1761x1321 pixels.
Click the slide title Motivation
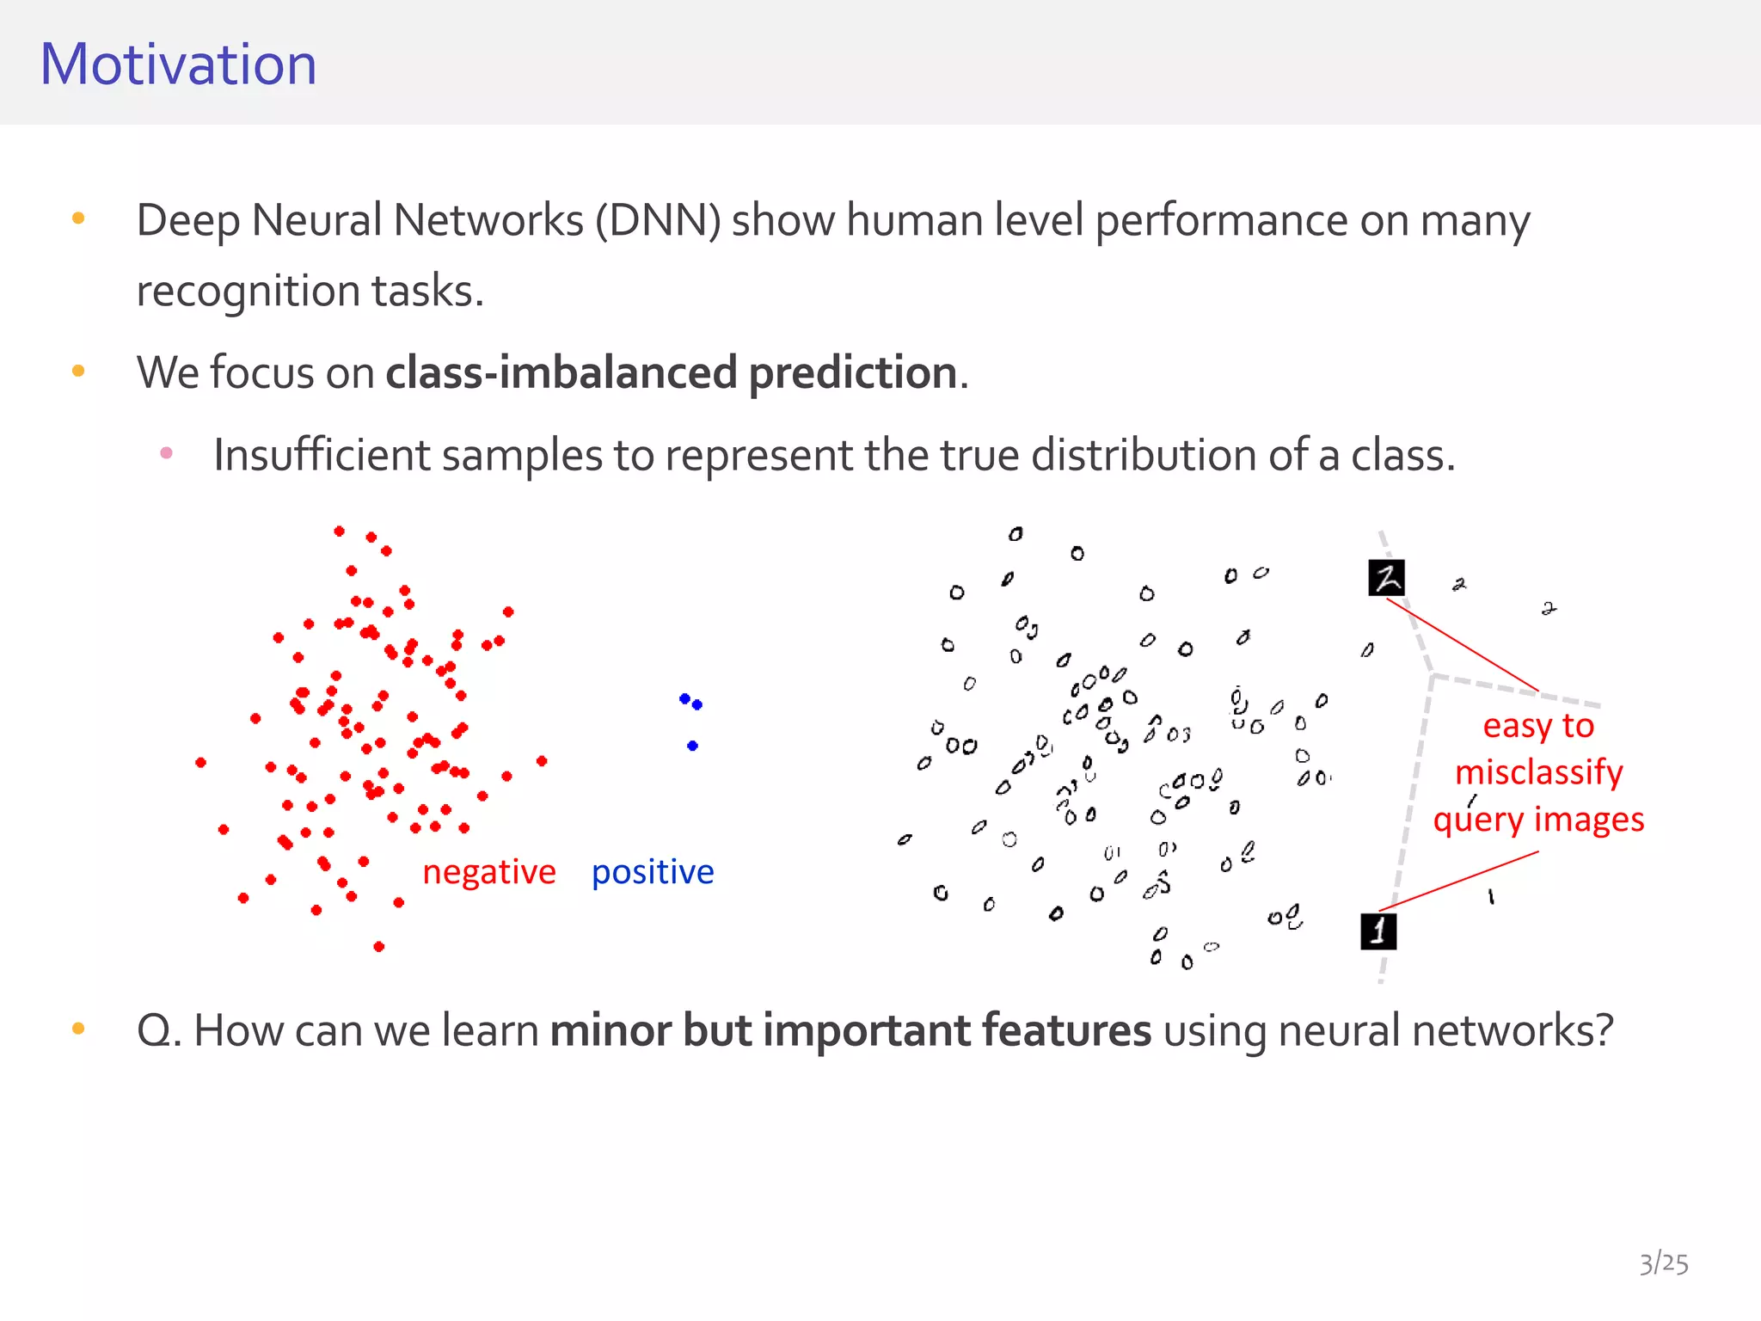tap(178, 65)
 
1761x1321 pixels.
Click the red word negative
tap(488, 872)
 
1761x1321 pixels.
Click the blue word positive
tap(653, 872)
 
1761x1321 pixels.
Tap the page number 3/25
tap(1663, 1263)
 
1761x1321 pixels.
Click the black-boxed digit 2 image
tap(1386, 578)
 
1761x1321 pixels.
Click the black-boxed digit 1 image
tap(1378, 931)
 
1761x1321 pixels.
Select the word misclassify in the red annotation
tap(1538, 772)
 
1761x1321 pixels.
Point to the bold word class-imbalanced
tap(561, 373)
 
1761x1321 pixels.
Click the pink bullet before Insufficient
tap(167, 452)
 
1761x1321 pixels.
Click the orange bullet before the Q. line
tap(78, 1028)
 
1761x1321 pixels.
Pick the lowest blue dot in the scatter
tap(692, 746)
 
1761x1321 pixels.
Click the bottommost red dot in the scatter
tap(379, 947)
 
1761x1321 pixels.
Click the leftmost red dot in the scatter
tap(200, 763)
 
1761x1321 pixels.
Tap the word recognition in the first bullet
tap(249, 292)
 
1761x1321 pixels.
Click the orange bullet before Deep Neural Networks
tap(78, 218)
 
